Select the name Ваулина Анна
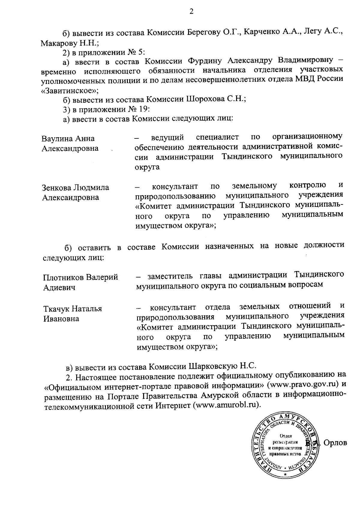coord(68,139)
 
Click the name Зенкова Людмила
coord(75,188)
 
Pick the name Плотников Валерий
coord(80,277)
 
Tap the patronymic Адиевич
coord(59,287)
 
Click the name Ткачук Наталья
coord(73,309)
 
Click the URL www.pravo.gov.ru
coord(305,384)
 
